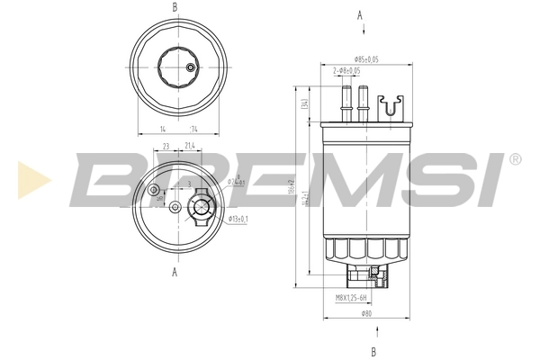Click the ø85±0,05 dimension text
(365, 59)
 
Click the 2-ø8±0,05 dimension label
(347, 70)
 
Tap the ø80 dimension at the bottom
(366, 313)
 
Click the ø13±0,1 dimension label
(238, 219)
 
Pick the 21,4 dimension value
(190, 145)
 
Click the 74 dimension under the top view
(193, 130)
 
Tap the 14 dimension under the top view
(163, 130)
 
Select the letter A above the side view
(361, 15)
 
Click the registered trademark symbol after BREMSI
(515, 159)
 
